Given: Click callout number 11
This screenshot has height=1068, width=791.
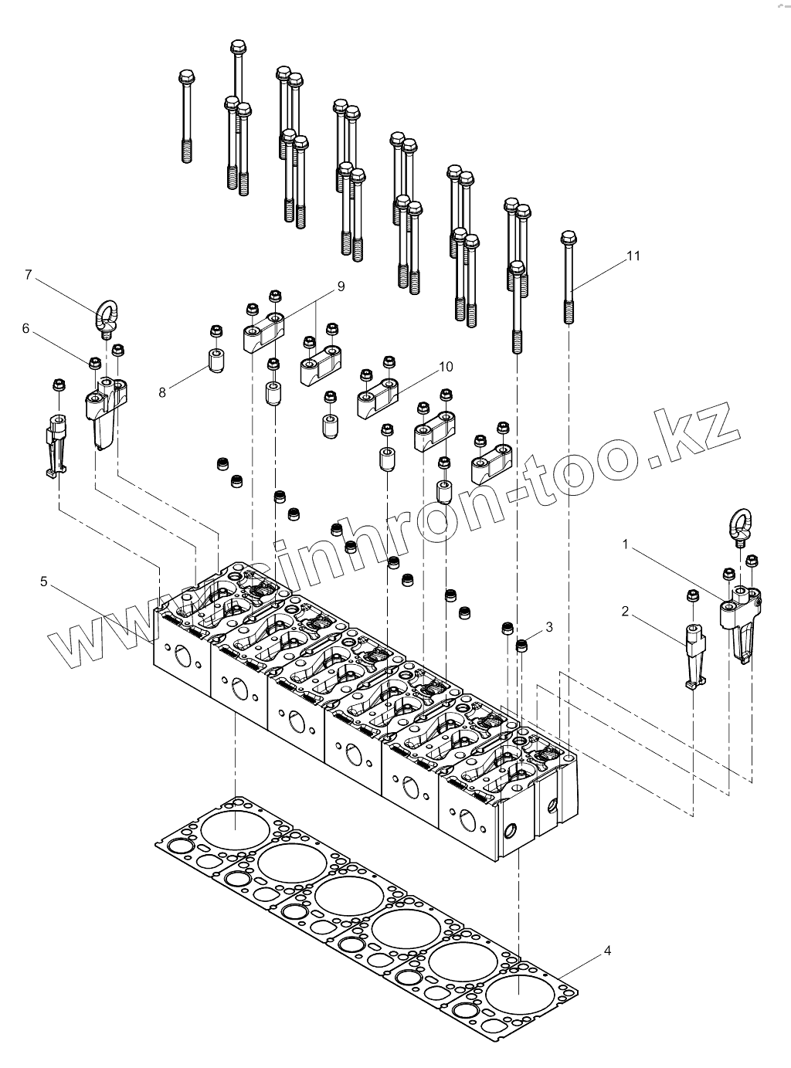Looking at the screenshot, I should (x=633, y=256).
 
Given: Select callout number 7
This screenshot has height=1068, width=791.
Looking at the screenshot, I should (x=29, y=275).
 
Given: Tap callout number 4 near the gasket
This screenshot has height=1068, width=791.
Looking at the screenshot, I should (x=607, y=951).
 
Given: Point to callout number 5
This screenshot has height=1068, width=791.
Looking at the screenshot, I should (x=44, y=580).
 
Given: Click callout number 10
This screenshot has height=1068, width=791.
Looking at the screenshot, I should (x=446, y=366).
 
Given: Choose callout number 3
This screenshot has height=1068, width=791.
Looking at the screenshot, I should (x=549, y=627).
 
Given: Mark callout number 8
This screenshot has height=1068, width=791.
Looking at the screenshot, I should (x=162, y=392).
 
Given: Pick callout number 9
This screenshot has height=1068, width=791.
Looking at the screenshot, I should (x=341, y=286).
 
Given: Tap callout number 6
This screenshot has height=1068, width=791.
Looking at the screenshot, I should (x=25, y=329).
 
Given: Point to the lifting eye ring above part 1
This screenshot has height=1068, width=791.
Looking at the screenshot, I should (x=739, y=524).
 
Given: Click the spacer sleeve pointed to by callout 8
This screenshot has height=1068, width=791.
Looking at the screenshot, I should (x=215, y=360).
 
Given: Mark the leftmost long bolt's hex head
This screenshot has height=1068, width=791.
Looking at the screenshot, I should (x=185, y=77).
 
